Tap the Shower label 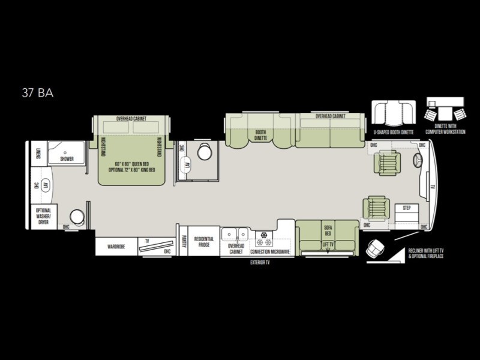click(67, 159)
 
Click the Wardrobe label click(116, 246)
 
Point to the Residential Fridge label click(204, 241)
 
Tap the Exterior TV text click(260, 263)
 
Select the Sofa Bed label click(328, 231)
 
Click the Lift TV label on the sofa click(328, 245)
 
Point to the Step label click(406, 208)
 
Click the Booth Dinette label click(260, 135)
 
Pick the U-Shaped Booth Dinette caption click(393, 131)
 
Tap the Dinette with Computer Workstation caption click(445, 129)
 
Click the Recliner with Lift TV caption click(426, 253)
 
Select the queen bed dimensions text click(131, 166)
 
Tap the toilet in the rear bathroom click(77, 216)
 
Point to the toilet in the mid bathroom click(205, 152)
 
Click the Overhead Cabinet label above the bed click(131, 119)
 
